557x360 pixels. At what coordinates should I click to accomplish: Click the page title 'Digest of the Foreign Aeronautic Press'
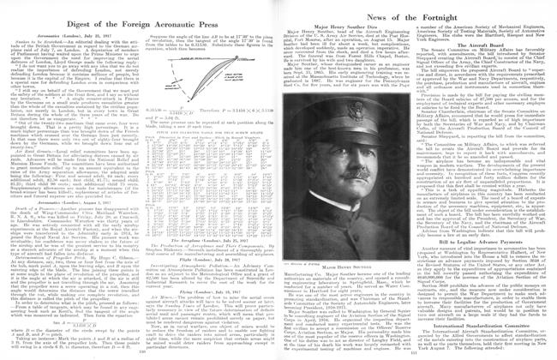tap(139, 9)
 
